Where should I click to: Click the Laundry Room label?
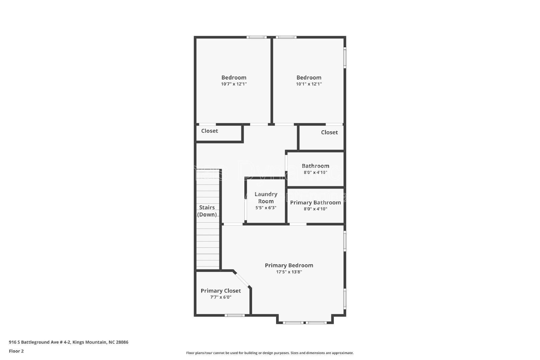pyautogui.click(x=266, y=198)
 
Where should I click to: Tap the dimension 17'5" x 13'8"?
pyautogui.click(x=289, y=272)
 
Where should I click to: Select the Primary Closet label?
pyautogui.click(x=221, y=291)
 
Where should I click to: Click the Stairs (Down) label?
pyautogui.click(x=207, y=211)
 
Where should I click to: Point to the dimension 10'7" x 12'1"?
pyautogui.click(x=234, y=84)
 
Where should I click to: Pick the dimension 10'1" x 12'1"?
pyautogui.click(x=309, y=84)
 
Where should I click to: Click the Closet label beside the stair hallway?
pyautogui.click(x=210, y=131)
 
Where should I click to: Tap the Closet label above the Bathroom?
pyautogui.click(x=329, y=132)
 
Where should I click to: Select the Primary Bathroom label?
pyautogui.click(x=315, y=202)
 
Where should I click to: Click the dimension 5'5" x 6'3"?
pyautogui.click(x=266, y=208)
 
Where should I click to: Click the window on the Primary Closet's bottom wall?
pyautogui.click(x=235, y=315)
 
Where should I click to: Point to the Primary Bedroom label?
pyautogui.click(x=289, y=266)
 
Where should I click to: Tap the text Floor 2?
pyautogui.click(x=16, y=351)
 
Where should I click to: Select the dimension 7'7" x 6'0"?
pyautogui.click(x=221, y=297)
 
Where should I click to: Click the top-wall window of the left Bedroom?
pyautogui.click(x=256, y=37)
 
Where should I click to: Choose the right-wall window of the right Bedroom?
pyautogui.click(x=345, y=58)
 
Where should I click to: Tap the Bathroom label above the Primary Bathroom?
pyautogui.click(x=315, y=166)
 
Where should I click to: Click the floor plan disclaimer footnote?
pyautogui.click(x=270, y=353)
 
